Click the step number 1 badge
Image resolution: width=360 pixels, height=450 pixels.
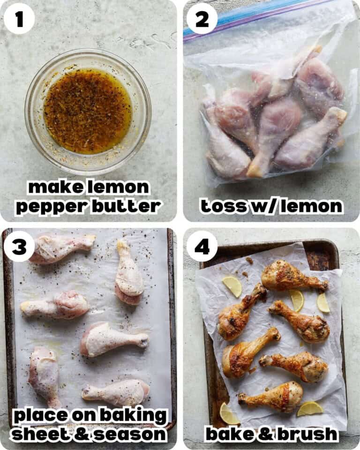19,19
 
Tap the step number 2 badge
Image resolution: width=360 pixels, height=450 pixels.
202,19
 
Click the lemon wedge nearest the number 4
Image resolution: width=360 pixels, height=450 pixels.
232,285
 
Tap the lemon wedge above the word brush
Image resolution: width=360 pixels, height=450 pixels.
310,408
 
